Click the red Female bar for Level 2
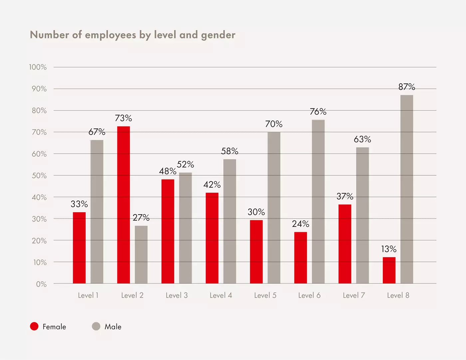pos(123,205)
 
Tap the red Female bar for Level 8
pos(389,270)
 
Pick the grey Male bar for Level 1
pos(97,212)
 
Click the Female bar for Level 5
pos(256,252)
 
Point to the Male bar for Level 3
pos(185,228)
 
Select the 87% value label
pos(407,87)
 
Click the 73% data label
pos(123,118)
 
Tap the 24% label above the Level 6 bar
pos(301,224)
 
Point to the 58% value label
pos(230,151)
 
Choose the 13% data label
pos(389,249)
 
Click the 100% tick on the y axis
pos(38,67)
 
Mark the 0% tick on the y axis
pos(41,284)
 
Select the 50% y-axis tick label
pos(39,176)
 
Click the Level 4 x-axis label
pos(221,295)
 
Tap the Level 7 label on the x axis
pos(354,295)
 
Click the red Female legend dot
pos(34,326)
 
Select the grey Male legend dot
pos(96,326)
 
